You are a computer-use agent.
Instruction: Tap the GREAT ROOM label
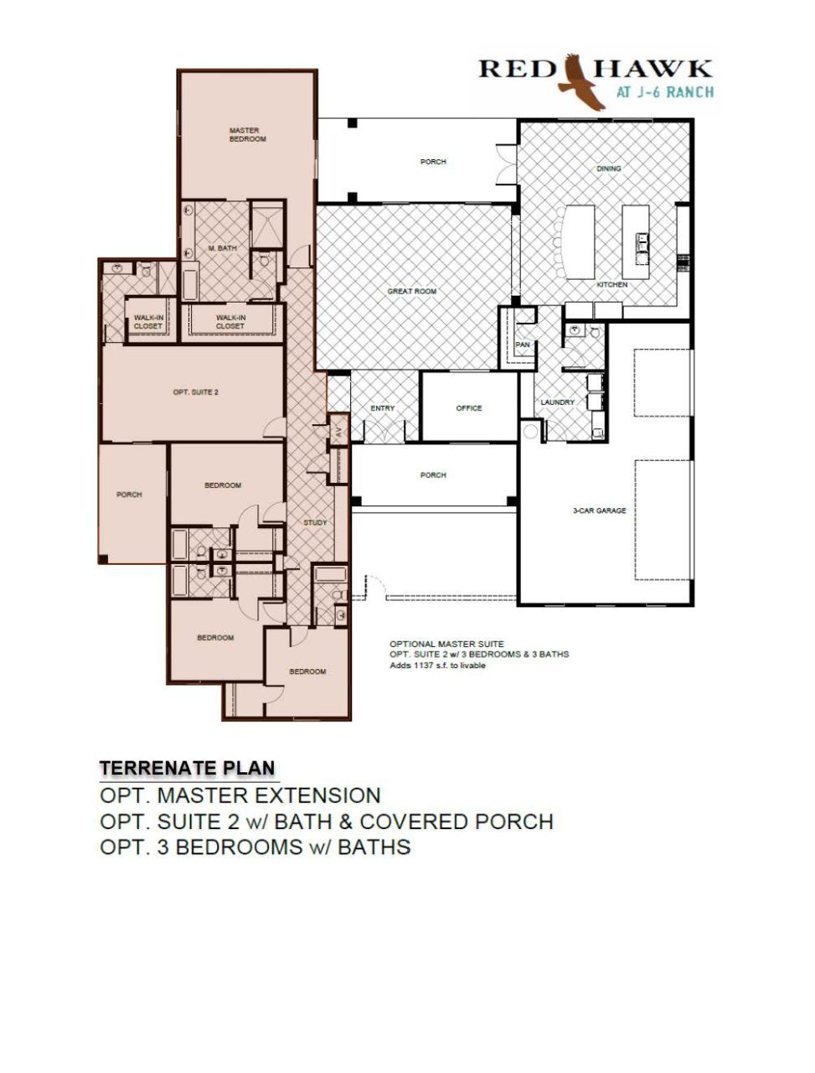click(x=411, y=292)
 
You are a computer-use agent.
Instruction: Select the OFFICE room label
click(x=469, y=407)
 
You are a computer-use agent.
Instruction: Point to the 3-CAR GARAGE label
click(x=599, y=511)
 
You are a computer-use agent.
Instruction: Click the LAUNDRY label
click(x=558, y=402)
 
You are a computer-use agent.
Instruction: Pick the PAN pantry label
click(x=523, y=345)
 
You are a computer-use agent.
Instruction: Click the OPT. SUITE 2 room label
click(x=196, y=392)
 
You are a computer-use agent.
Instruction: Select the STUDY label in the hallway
click(x=315, y=522)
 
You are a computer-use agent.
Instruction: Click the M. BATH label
click(x=223, y=248)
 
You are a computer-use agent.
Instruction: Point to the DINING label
click(x=608, y=168)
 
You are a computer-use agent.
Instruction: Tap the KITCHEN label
click(x=611, y=284)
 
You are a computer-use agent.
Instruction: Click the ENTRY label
click(x=382, y=407)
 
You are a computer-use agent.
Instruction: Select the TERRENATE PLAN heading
click(x=188, y=768)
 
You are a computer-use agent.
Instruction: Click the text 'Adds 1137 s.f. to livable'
click(x=437, y=666)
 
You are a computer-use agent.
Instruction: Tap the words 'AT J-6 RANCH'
click(x=664, y=92)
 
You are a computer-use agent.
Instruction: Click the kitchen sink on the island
click(x=642, y=243)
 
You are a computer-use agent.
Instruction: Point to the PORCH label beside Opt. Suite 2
click(x=129, y=495)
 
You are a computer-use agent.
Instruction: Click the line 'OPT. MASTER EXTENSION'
click(x=240, y=796)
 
